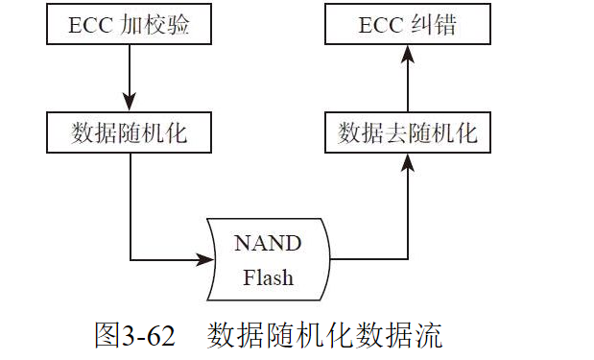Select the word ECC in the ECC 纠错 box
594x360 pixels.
coord(384,25)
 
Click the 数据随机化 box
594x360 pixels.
coord(131,132)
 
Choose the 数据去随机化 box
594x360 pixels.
coord(408,132)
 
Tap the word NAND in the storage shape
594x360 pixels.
coord(268,243)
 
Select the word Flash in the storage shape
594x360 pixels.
coord(268,278)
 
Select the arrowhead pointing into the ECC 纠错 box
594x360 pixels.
coord(408,55)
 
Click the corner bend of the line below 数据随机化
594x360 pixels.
coord(131,260)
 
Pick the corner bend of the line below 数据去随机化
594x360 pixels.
coord(408,260)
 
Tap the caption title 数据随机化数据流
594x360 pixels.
coord(323,336)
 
